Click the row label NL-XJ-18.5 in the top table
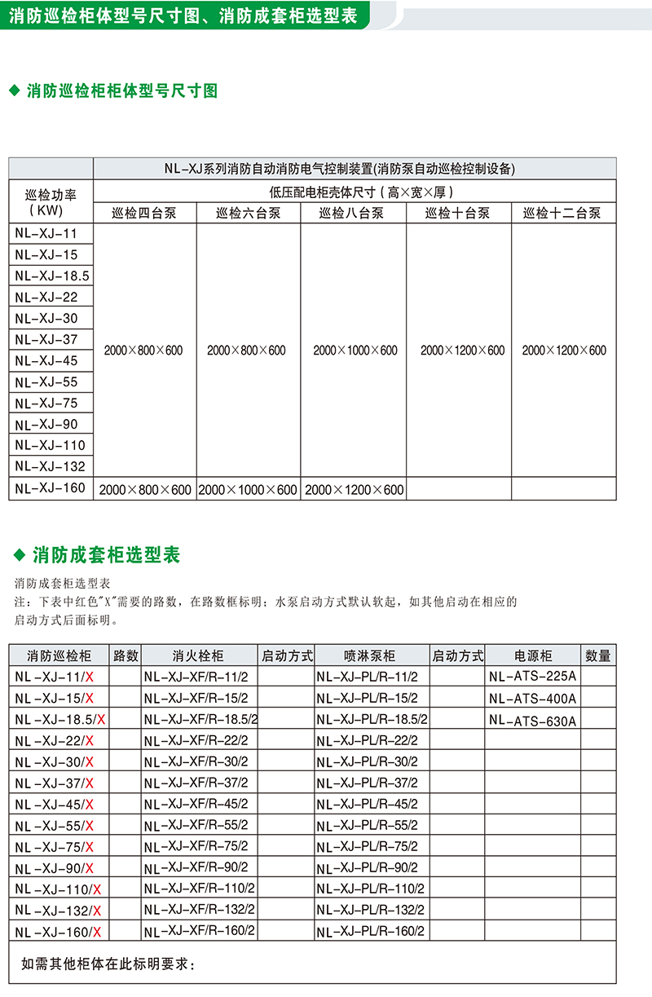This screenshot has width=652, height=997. point(51,276)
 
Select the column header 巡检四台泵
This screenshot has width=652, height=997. point(144,214)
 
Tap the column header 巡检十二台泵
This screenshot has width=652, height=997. point(562,214)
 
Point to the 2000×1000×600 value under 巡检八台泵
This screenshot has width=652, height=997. point(355,351)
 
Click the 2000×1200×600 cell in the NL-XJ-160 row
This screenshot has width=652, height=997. point(354,490)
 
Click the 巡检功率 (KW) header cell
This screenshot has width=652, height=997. point(51,201)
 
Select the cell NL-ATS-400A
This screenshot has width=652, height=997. point(533,698)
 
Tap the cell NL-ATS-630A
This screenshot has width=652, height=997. point(533,720)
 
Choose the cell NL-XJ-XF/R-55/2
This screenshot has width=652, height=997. point(196,825)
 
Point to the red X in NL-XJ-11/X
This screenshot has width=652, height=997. point(90,677)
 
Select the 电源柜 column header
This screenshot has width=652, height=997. point(533,655)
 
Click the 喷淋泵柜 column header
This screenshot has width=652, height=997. point(370,655)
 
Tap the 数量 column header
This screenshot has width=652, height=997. point(597,655)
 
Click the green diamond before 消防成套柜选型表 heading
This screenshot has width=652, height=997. point(20,556)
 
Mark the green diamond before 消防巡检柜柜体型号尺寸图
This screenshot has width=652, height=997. point(14,91)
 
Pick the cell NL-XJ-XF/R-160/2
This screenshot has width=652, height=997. point(200,930)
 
